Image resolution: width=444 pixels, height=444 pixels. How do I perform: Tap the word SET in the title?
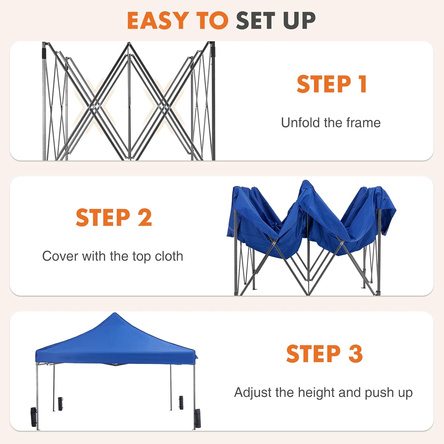pyautogui.click(x=256, y=20)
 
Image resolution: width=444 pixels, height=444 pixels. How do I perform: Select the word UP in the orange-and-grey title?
pyautogui.click(x=299, y=20)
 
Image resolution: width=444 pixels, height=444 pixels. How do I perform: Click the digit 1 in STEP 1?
pyautogui.click(x=363, y=84)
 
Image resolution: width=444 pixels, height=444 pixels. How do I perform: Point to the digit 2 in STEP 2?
pyautogui.click(x=145, y=218)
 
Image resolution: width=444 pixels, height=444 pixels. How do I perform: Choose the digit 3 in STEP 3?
pyautogui.click(x=355, y=353)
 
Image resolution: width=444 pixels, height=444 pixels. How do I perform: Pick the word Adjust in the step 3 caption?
pyautogui.click(x=253, y=392)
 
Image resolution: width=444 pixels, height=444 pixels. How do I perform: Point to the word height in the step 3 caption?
pyautogui.click(x=316, y=392)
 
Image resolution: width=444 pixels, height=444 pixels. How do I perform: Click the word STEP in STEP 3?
pyautogui.click(x=313, y=353)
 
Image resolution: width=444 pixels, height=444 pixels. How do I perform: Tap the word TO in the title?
pyautogui.click(x=212, y=20)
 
